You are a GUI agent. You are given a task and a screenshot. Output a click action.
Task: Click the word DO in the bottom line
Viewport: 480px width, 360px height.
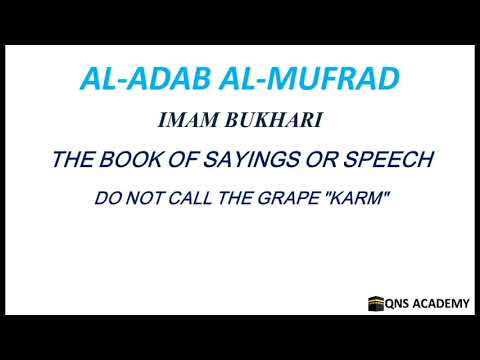[x=104, y=198]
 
